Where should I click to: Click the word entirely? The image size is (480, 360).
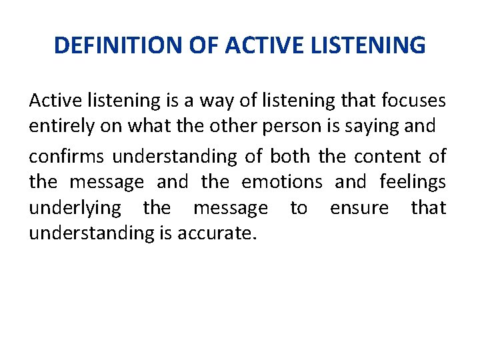58,126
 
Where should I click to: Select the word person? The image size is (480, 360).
262,126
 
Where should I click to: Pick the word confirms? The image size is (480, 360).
66,157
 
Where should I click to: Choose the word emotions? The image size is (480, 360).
282,182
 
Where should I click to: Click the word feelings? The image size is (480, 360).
413,182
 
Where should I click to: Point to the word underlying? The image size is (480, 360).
75,208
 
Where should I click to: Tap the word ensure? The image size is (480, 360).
359,208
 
